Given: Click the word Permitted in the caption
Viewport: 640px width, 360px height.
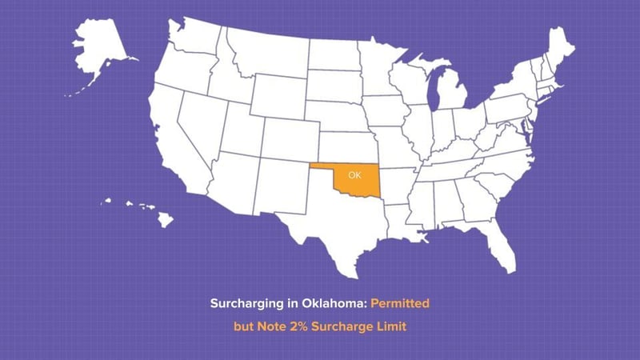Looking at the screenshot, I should point(402,305).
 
